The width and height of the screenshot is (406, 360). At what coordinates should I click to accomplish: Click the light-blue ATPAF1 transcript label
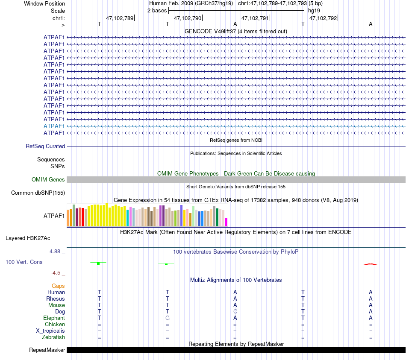tap(54, 126)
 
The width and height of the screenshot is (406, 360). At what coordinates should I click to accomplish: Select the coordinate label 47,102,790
tap(188, 18)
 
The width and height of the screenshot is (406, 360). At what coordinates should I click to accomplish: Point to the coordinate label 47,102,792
tap(323, 18)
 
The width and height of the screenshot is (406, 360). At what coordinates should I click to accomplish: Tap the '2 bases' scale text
tap(157, 10)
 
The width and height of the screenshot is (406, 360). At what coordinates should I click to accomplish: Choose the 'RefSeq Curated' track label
tap(45, 146)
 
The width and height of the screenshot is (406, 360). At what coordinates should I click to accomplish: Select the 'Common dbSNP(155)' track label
tap(38, 193)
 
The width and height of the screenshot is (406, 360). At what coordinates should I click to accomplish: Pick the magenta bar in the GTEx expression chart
tap(227, 222)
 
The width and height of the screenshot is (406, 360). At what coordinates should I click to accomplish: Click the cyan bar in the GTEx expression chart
tap(128, 218)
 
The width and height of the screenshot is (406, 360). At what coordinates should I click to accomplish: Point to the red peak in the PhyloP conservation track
tap(371, 264)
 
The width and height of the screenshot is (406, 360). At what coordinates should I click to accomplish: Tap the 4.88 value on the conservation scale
tap(55, 252)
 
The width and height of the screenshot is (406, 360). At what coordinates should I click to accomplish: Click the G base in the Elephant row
tap(168, 318)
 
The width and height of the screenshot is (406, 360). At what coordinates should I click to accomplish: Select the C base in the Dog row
tap(235, 311)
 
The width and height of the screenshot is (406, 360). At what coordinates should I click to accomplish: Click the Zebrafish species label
tap(54, 337)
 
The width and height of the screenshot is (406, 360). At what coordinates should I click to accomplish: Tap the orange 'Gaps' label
tap(58, 286)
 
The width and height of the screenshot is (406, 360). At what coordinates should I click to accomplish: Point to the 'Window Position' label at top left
tap(44, 3)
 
